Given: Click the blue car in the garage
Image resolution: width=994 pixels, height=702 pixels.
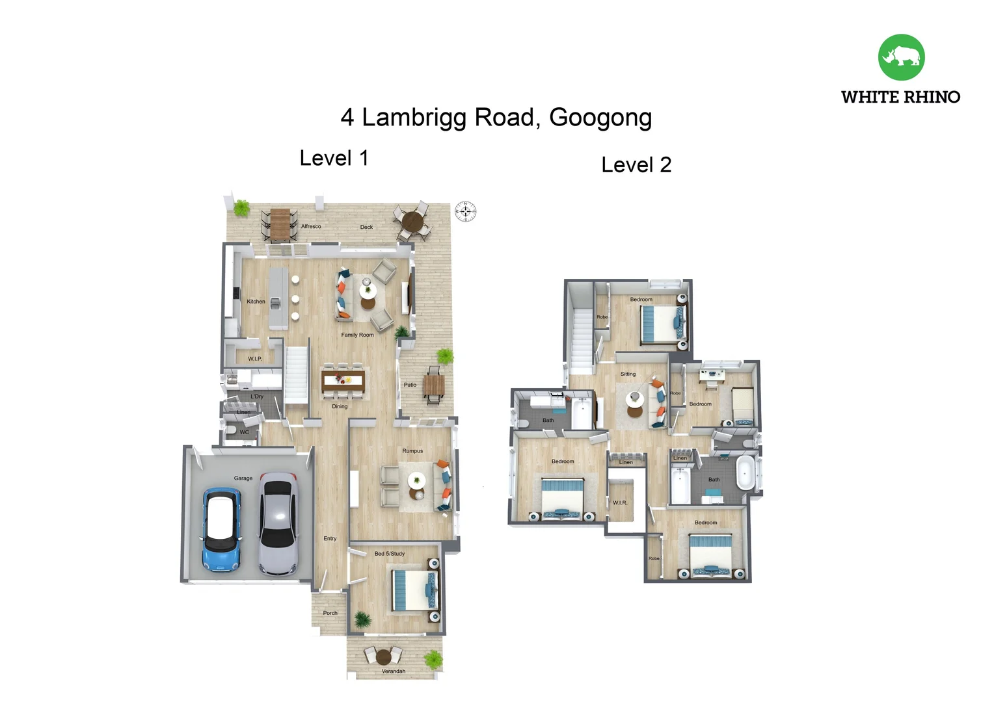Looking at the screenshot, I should (222, 530).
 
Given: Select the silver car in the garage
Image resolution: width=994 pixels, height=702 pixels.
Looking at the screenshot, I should (278, 523).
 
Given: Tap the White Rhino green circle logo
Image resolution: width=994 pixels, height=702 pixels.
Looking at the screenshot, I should (901, 57).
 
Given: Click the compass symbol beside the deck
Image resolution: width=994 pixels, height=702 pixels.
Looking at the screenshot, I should (465, 211).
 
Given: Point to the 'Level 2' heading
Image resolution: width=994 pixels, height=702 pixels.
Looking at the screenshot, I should (636, 165).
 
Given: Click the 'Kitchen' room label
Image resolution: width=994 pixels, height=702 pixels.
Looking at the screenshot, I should (256, 302).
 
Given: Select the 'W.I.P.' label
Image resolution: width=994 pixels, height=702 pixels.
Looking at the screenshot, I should (254, 359).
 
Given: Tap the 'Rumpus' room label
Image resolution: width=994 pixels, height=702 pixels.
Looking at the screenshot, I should (412, 450).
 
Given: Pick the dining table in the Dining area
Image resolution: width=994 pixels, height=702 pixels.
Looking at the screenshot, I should (343, 381).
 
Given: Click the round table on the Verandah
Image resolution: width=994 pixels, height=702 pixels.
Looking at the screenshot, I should (384, 656).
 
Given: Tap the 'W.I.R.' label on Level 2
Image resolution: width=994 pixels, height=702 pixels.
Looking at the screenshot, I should (620, 502).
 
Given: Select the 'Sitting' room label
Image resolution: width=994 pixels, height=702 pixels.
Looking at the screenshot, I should (628, 374).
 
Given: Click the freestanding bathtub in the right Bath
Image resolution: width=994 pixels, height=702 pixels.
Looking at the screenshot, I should (745, 473).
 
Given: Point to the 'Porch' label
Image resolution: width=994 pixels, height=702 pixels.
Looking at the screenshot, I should (330, 613).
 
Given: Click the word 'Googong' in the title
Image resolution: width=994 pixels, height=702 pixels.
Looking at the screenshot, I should (600, 118).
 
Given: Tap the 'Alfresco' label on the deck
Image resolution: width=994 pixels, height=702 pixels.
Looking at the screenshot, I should (311, 226).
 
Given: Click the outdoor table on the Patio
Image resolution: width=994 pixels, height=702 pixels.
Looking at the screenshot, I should (434, 386).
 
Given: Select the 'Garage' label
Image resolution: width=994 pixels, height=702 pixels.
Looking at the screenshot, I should (243, 478).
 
